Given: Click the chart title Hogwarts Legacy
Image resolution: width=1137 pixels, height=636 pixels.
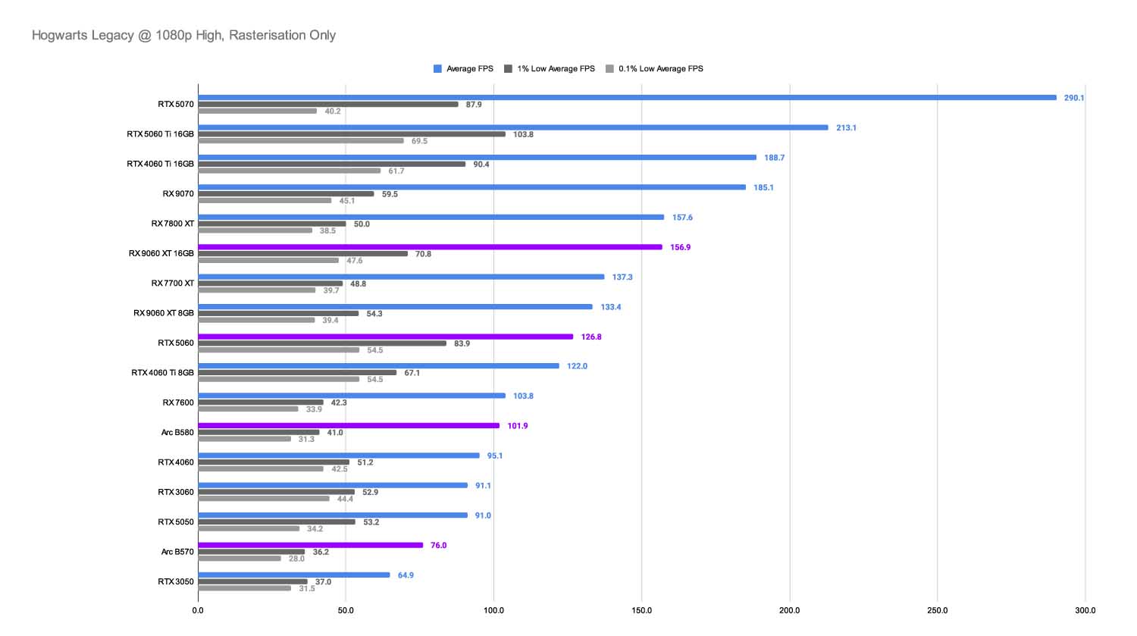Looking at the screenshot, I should tap(183, 35).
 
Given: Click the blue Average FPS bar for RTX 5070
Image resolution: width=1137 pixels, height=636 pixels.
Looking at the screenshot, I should tap(627, 98).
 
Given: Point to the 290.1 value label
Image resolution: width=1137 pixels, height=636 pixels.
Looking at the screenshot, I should tap(1073, 98).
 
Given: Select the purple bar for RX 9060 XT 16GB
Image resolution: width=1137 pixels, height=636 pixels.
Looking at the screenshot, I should tap(430, 247).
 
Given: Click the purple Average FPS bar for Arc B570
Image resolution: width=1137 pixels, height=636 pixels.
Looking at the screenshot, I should tap(310, 545).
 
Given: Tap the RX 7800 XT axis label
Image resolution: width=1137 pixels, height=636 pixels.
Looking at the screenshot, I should tap(172, 224).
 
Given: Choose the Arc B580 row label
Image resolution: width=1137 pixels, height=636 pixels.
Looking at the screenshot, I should tap(177, 433).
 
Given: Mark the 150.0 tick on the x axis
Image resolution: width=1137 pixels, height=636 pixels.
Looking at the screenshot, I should tap(641, 610).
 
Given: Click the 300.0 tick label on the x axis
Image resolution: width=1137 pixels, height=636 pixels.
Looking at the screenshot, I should tap(1085, 610).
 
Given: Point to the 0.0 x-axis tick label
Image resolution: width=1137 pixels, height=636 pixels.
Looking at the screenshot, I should tap(198, 610).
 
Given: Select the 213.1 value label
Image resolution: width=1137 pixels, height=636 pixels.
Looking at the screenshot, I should tap(846, 128).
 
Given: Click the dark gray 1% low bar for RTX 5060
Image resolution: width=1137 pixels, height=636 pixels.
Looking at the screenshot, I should tap(322, 343).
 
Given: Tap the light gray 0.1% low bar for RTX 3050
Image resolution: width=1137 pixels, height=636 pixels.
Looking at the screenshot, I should tap(244, 588).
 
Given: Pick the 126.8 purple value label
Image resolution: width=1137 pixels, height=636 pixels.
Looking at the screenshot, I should tap(591, 337).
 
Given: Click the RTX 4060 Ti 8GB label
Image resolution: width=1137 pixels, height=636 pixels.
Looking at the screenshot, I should tap(162, 373).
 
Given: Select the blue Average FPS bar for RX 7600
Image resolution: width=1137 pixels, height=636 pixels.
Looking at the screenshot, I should tap(352, 396).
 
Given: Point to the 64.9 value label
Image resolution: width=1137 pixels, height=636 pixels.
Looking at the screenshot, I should tap(406, 575).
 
